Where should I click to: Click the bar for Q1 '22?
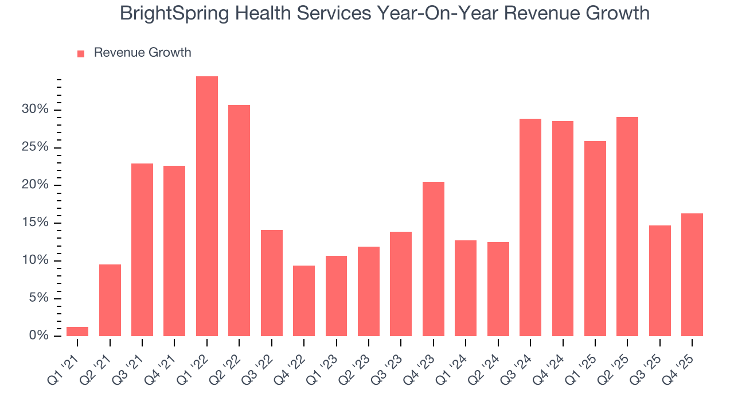[206, 206]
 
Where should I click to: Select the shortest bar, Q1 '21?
[77, 332]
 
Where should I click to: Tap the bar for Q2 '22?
[239, 221]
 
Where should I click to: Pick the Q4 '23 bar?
[433, 259]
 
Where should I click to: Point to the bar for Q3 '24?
[530, 228]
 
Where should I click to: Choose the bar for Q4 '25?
[692, 275]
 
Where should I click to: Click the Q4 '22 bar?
[303, 301]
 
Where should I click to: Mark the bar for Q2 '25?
[627, 227]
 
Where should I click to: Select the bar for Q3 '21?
[142, 250]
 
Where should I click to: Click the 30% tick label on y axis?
[36, 110]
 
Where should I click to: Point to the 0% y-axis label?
[39, 336]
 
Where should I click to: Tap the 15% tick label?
[36, 223]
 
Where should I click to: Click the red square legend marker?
[81, 53]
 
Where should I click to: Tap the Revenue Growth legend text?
[142, 53]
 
